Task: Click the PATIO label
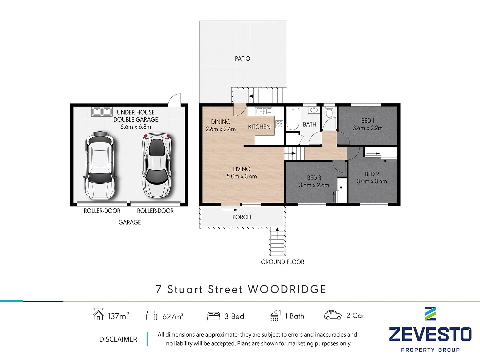pyautogui.click(x=242, y=59)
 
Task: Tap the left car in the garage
pyautogui.click(x=100, y=165)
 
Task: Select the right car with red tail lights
pyautogui.click(x=157, y=165)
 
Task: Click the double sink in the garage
pyautogui.click(x=102, y=111)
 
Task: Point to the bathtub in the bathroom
pyautogui.click(x=293, y=119)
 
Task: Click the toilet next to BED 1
pyautogui.click(x=329, y=112)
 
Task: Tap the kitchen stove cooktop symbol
pyautogui.click(x=279, y=124)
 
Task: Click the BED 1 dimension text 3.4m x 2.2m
pyautogui.click(x=368, y=128)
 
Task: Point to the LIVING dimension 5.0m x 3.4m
pyautogui.click(x=242, y=176)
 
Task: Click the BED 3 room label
pyautogui.click(x=314, y=178)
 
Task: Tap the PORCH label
pyautogui.click(x=242, y=217)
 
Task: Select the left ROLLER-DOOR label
pyautogui.click(x=102, y=211)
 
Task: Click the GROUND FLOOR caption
pyautogui.click(x=282, y=262)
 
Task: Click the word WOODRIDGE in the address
pyautogui.click(x=287, y=289)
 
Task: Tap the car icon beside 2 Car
pyautogui.click(x=333, y=315)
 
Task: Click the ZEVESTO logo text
pyautogui.click(x=430, y=334)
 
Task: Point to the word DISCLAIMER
pyautogui.click(x=118, y=339)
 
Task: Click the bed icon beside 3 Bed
pyautogui.click(x=214, y=316)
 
